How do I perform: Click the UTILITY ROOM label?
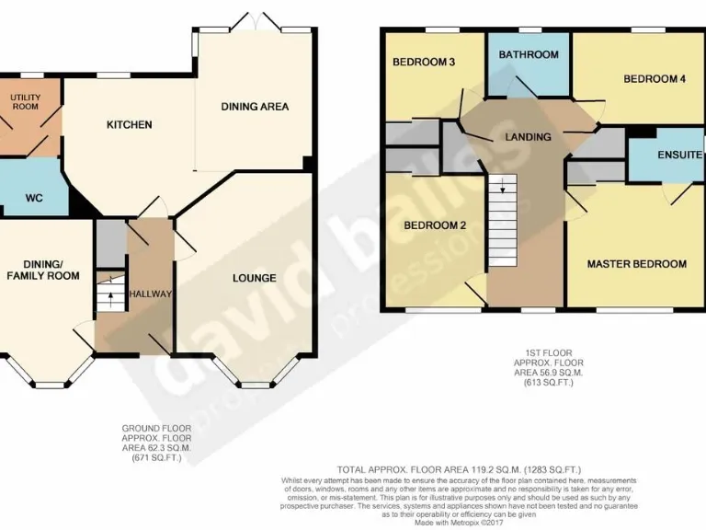[x=26, y=101]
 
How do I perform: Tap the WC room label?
[x=34, y=197]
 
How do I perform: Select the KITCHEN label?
[x=129, y=124]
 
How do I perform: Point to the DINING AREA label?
[x=255, y=107]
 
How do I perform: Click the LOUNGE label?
[x=254, y=278]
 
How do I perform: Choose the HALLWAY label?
[x=150, y=294]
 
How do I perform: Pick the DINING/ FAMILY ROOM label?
[x=42, y=269]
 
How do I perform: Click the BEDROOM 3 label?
[x=425, y=63]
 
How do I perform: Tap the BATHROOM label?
[x=529, y=54]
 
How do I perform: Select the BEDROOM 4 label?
[x=655, y=79]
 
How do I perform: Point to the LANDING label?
[x=528, y=137]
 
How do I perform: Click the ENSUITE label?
[x=679, y=156]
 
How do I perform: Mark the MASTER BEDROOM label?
[x=636, y=264]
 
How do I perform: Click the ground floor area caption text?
[x=157, y=444]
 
